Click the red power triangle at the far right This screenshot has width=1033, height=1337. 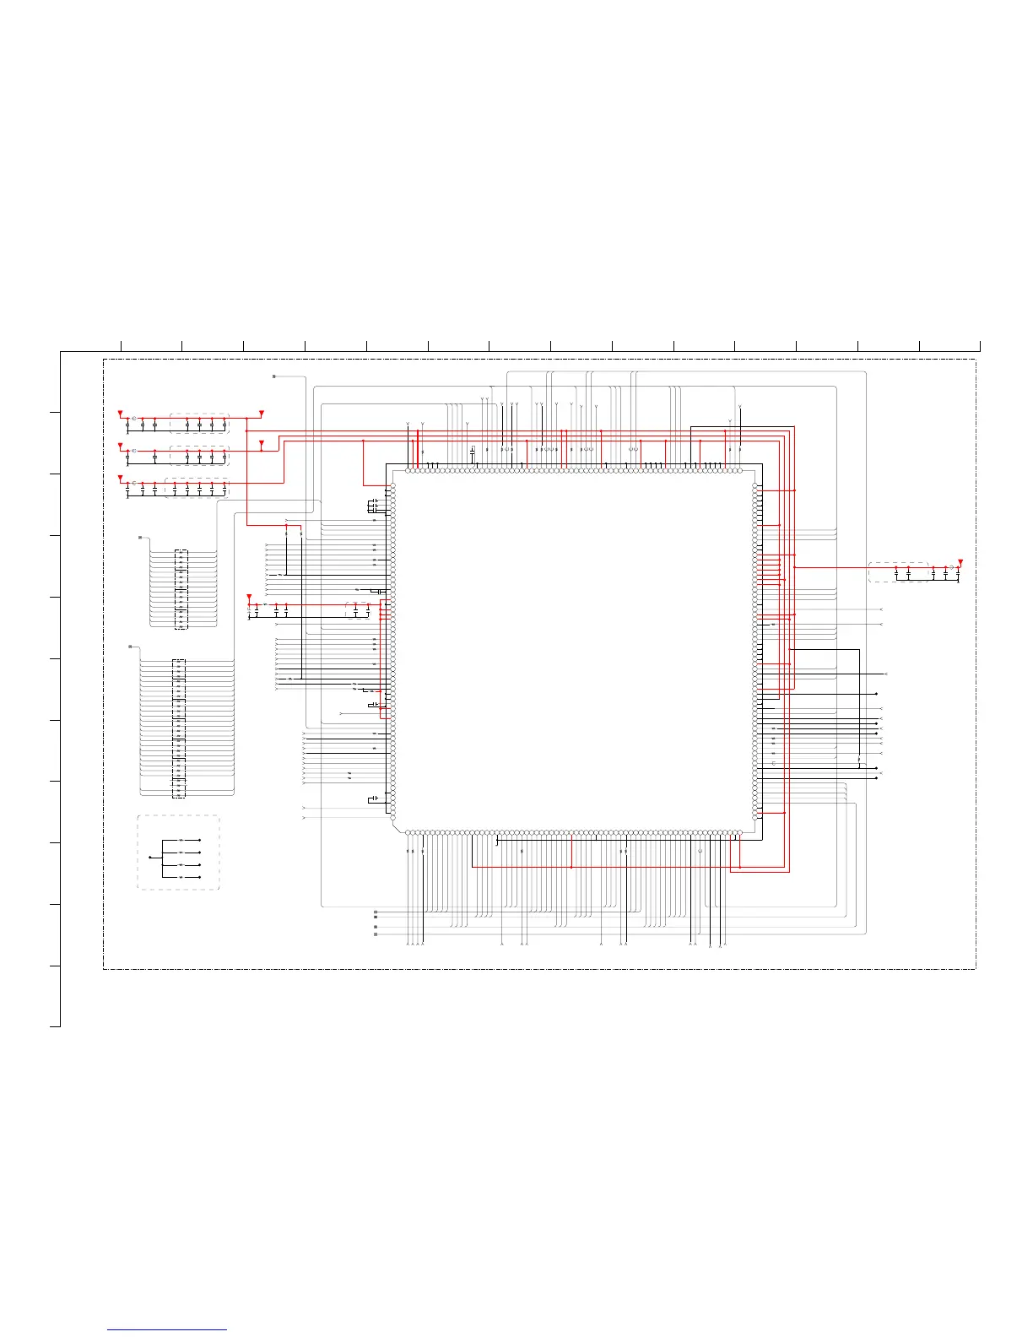click(960, 562)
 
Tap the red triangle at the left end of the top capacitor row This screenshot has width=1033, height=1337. click(120, 414)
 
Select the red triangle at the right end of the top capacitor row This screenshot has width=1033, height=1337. click(262, 414)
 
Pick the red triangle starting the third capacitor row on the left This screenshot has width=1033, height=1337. click(120, 479)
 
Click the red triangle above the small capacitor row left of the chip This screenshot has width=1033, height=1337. click(249, 597)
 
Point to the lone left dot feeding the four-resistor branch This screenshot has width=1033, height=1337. click(149, 858)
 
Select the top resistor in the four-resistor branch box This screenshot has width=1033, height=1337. click(181, 841)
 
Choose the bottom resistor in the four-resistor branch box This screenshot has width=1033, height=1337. click(181, 877)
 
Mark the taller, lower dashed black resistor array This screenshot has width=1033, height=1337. click(178, 728)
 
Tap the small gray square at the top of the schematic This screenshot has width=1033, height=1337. click(274, 376)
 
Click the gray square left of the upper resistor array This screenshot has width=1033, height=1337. click(140, 537)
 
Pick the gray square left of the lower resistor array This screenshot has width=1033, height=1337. click(130, 647)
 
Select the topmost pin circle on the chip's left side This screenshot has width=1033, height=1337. click(392, 488)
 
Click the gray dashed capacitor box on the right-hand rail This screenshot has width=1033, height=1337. click(898, 572)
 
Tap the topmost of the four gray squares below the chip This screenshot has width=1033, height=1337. click(376, 912)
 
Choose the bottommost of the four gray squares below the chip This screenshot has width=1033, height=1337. click(376, 934)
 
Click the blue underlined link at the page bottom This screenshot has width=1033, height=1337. click(167, 1330)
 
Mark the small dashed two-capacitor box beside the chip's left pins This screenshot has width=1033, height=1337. click(358, 609)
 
